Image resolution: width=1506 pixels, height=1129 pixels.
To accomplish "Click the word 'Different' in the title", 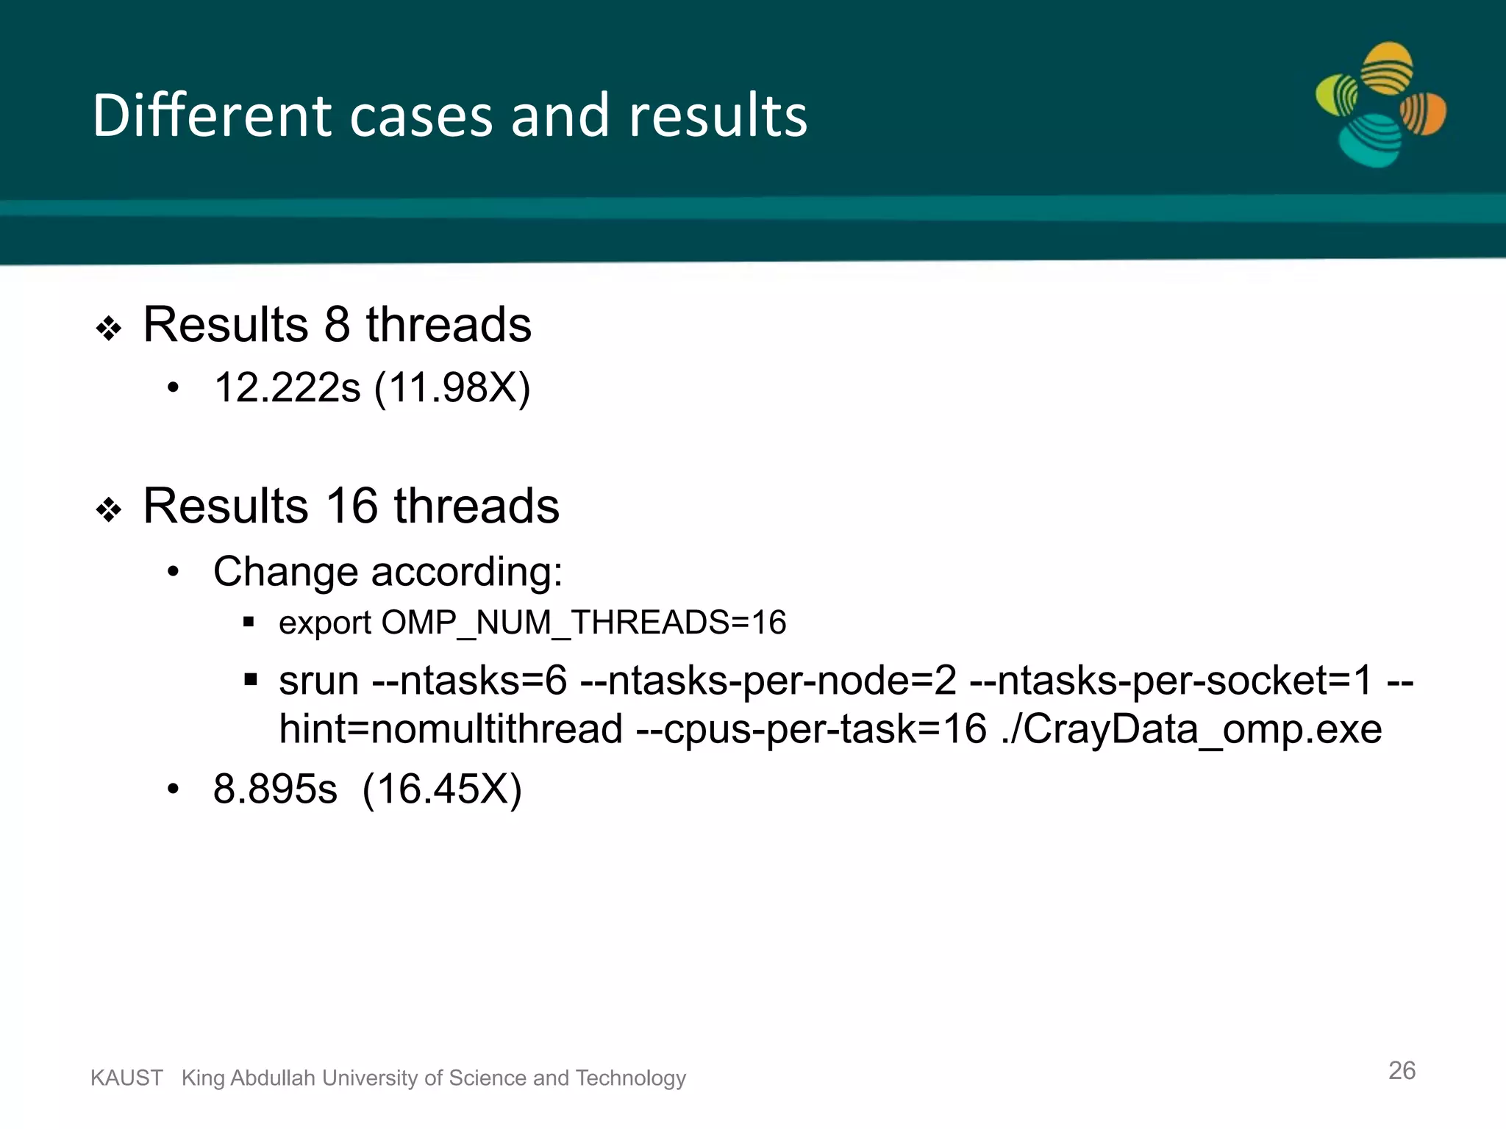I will point(213,115).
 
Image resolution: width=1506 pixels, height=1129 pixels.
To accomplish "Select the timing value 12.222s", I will point(287,387).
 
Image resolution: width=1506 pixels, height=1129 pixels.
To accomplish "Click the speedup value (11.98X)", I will point(452,387).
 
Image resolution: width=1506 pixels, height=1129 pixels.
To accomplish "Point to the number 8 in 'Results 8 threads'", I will point(337,324).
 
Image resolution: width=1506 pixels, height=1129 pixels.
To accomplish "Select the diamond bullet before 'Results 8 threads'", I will point(109,328).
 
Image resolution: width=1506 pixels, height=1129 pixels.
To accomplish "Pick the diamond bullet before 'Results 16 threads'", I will point(109,509).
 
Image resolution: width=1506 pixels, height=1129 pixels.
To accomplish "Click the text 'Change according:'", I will point(388,571).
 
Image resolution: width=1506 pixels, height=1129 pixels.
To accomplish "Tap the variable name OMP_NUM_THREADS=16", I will point(584,623).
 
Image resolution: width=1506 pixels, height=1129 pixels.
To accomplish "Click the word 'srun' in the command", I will point(318,681).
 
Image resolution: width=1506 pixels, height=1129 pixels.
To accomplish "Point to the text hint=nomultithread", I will point(451,729).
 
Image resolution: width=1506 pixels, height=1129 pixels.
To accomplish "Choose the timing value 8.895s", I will point(275,789).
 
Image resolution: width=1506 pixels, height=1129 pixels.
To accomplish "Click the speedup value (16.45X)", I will point(442,789).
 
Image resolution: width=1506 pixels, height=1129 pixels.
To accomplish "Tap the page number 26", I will point(1402,1070).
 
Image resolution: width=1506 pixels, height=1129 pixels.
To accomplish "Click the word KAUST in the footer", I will point(126,1078).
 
